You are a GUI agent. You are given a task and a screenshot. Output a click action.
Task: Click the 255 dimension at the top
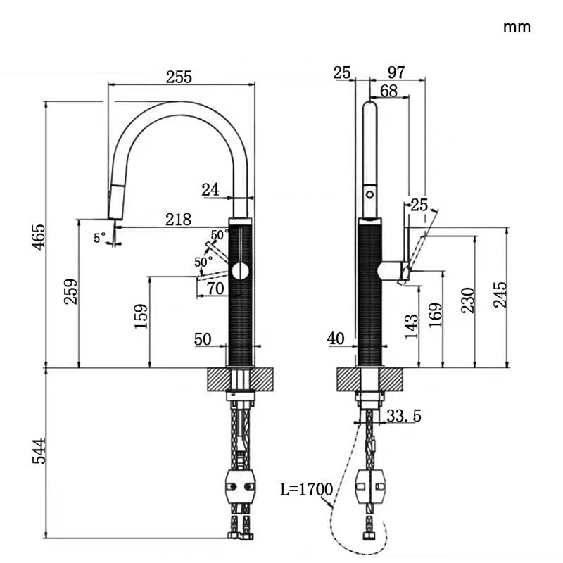[179, 77]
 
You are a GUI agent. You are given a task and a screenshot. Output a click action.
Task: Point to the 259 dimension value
[70, 292]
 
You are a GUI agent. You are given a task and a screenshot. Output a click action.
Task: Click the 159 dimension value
[141, 317]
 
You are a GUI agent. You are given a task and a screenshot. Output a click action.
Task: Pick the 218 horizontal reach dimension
[179, 220]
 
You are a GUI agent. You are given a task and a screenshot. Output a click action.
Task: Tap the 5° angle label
[100, 238]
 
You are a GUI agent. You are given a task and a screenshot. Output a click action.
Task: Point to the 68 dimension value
[389, 91]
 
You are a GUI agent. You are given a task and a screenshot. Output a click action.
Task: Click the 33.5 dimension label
[403, 417]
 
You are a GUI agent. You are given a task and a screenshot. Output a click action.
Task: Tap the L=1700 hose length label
[305, 487]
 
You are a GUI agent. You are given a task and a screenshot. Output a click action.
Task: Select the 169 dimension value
[435, 317]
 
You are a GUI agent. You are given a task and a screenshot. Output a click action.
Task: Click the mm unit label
[517, 27]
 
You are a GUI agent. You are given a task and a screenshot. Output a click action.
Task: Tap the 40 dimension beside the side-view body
[336, 339]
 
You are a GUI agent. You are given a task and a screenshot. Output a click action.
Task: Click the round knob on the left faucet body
[240, 271]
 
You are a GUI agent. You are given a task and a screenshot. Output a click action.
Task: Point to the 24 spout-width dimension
[210, 189]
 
